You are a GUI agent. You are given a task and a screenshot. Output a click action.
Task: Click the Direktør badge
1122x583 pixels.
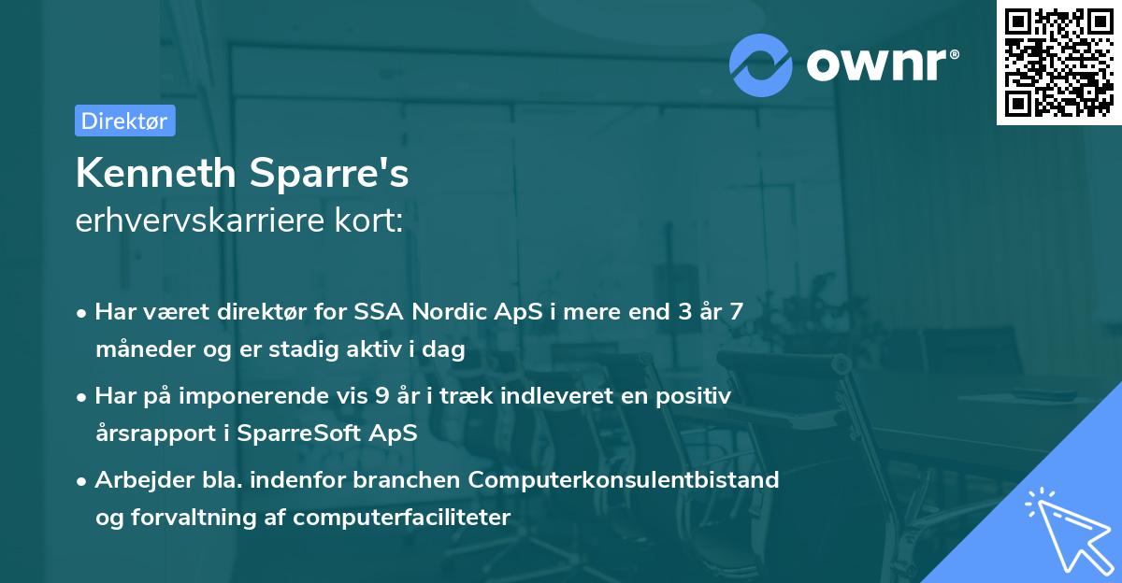click(124, 121)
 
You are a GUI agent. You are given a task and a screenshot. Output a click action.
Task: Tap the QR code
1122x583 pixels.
click(1058, 62)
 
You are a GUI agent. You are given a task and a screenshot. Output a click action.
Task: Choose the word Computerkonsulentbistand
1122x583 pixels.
click(624, 480)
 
